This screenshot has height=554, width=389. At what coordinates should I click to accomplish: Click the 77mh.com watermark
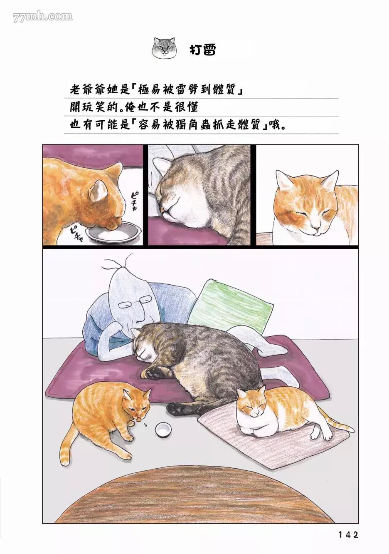43,17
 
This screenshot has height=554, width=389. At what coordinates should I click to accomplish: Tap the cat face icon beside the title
163,48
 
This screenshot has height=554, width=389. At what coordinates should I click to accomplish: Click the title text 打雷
202,50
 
